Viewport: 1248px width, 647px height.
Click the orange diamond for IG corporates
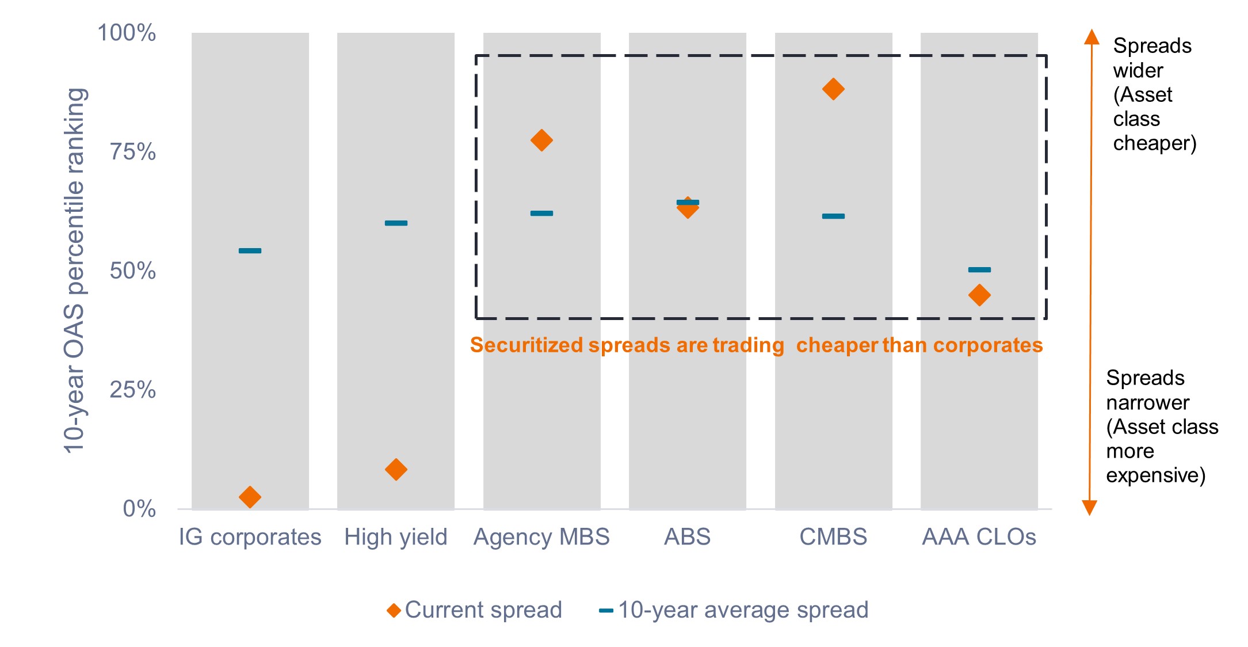tap(250, 496)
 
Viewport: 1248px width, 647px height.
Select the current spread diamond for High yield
tap(396, 469)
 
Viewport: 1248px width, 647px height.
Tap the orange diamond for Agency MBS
tap(541, 140)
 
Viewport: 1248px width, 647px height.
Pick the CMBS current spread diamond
tap(833, 89)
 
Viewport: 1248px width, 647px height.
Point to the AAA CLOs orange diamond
tap(979, 295)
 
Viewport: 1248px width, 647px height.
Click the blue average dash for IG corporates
tap(250, 250)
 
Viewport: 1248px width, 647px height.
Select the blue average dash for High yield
tap(396, 223)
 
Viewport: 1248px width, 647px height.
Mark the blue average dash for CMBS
tap(833, 216)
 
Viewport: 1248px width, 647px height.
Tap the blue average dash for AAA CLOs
tap(979, 269)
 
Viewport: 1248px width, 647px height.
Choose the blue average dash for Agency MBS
tap(541, 213)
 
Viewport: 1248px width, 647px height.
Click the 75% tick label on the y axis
tap(133, 152)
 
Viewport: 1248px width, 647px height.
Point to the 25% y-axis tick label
tap(133, 390)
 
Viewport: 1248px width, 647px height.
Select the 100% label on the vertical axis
tap(127, 33)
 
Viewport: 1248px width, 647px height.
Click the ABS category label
tap(687, 536)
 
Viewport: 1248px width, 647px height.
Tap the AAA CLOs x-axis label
tap(979, 536)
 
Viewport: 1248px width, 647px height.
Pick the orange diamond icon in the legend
tap(394, 610)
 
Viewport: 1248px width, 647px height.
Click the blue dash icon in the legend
tap(606, 610)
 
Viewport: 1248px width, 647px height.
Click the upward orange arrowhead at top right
tap(1091, 37)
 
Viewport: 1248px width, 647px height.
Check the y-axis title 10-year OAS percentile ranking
tap(75, 271)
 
